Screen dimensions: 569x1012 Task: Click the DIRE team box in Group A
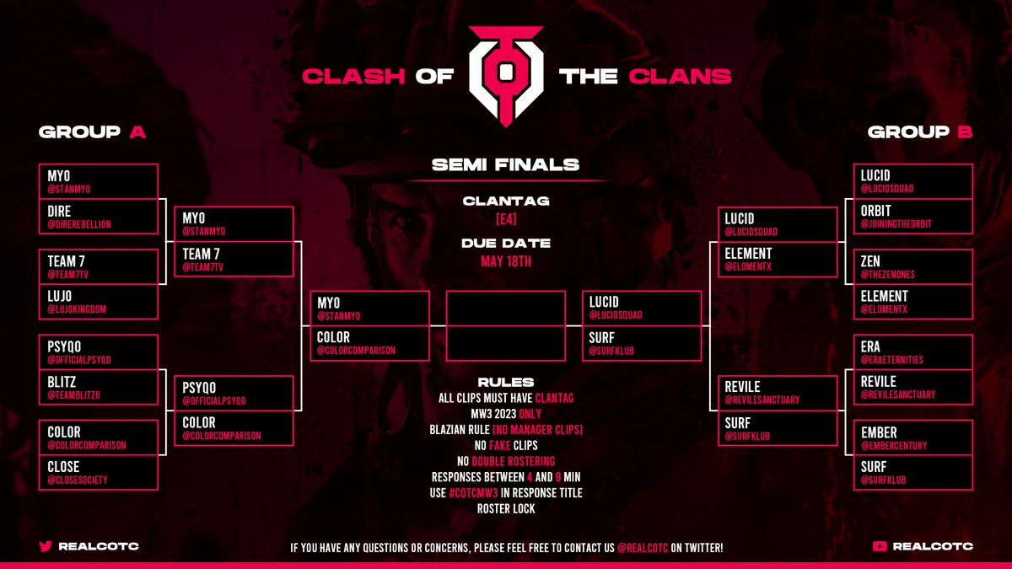tap(98, 216)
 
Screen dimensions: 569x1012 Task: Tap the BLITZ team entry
tap(64, 381)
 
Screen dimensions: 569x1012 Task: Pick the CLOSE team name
tap(63, 466)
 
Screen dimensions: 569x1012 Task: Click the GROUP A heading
tap(93, 132)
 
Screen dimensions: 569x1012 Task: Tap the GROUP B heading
tap(920, 132)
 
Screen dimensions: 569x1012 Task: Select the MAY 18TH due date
tap(506, 261)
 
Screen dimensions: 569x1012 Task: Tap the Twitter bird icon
tap(46, 546)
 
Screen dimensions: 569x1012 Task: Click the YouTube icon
tap(880, 546)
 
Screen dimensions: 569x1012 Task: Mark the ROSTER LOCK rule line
tap(506, 508)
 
